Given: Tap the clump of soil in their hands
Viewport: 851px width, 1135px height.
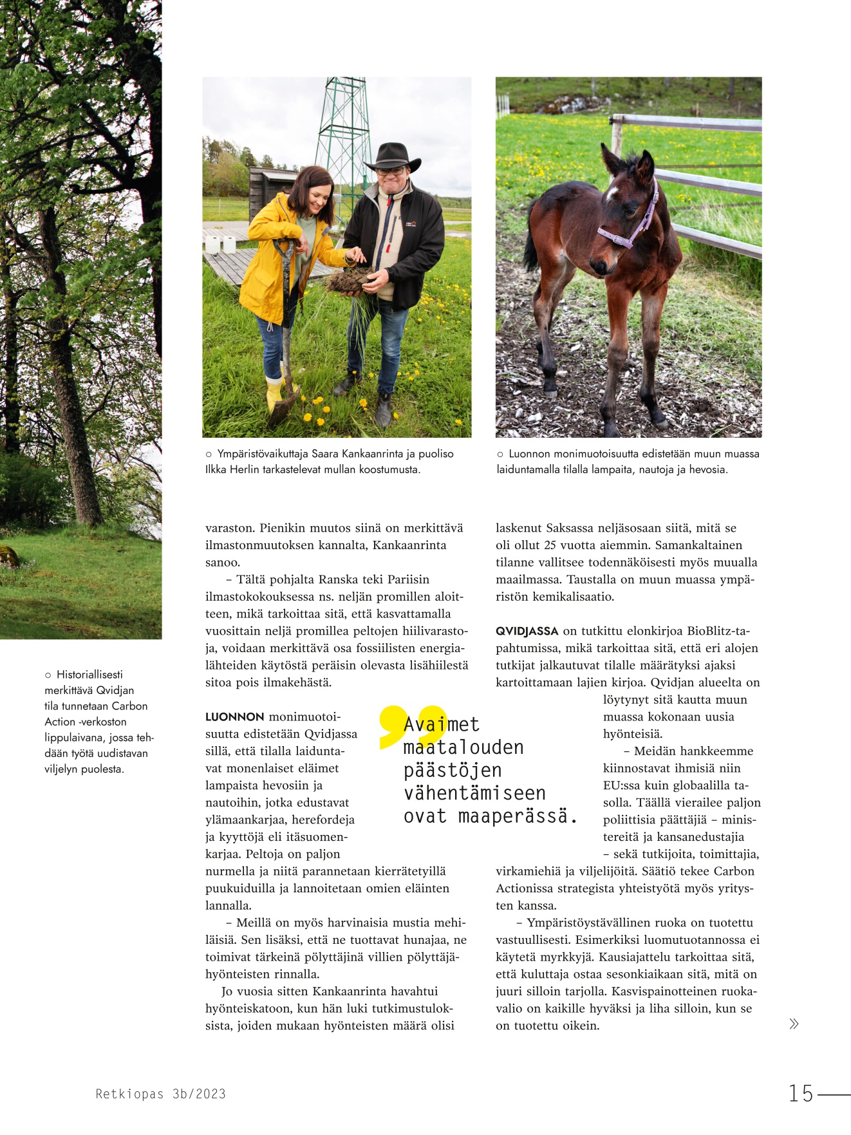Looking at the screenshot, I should click(350, 281).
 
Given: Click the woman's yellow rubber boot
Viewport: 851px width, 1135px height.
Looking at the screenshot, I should click(274, 393).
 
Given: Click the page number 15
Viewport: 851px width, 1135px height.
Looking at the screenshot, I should click(801, 1093).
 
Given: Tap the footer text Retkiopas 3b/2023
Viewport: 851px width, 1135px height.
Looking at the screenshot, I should click(161, 1094).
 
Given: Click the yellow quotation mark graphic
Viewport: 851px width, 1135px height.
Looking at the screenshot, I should click(412, 726).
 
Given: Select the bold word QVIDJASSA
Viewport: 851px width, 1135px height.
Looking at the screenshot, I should click(527, 631).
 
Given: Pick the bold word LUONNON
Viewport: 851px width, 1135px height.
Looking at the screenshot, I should click(234, 717).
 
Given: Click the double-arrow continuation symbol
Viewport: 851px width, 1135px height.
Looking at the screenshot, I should click(794, 1024).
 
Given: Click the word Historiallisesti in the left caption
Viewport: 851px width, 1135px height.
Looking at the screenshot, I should click(89, 675).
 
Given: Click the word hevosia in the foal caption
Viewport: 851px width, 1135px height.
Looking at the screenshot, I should click(707, 469).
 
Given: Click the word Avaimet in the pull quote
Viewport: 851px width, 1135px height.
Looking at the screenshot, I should click(442, 725).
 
